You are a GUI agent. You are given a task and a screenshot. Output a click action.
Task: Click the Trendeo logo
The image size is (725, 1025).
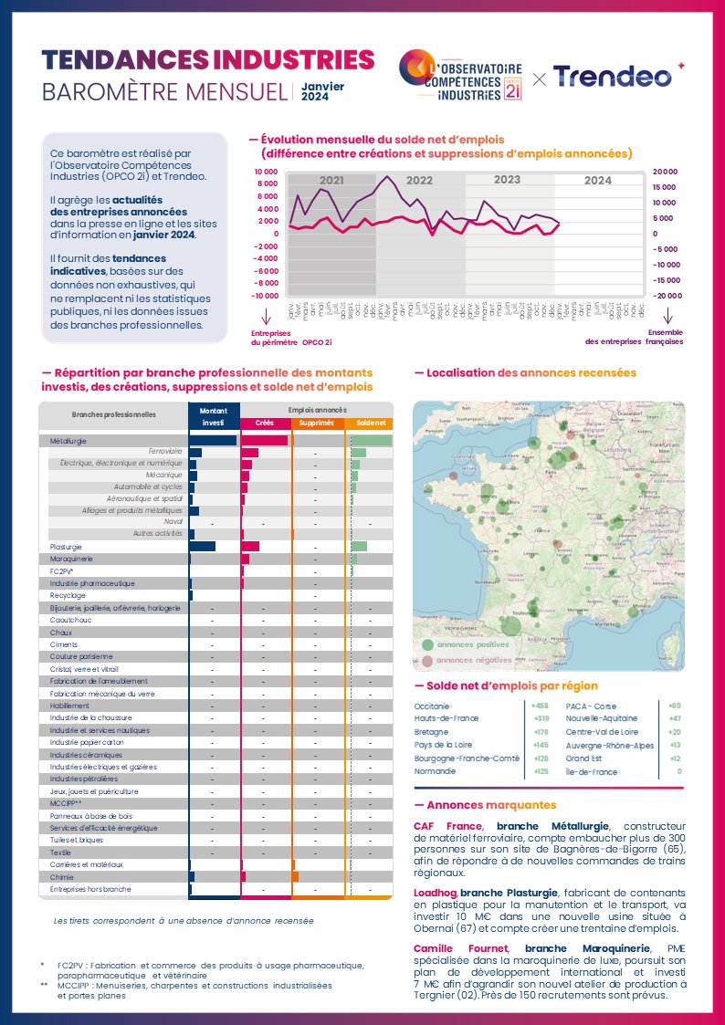pyautogui.click(x=613, y=78)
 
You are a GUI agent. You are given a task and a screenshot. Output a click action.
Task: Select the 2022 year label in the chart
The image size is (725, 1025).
pyautogui.click(x=419, y=181)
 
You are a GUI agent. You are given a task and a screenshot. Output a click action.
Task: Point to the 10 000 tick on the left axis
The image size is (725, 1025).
pyautogui.click(x=266, y=172)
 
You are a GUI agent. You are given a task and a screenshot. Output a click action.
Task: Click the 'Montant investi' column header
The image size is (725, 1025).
pyautogui.click(x=213, y=417)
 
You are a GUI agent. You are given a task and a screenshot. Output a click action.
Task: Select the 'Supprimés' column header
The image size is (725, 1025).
pyautogui.click(x=317, y=424)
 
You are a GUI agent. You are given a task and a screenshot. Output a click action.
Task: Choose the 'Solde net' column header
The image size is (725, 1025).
pyautogui.click(x=370, y=424)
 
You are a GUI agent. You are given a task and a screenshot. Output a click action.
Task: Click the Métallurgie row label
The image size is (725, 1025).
pyautogui.click(x=68, y=441)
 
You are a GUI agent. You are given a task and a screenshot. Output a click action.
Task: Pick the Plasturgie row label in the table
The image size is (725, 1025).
pyautogui.click(x=66, y=546)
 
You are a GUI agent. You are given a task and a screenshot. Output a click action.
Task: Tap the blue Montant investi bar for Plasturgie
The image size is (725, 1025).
pyautogui.click(x=203, y=546)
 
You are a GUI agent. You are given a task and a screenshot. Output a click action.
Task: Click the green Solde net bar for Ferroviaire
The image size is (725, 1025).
pyautogui.click(x=359, y=453)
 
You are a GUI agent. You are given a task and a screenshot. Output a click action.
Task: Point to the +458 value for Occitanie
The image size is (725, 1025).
pyautogui.click(x=540, y=706)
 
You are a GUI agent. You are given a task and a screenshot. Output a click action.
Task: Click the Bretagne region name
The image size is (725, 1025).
pyautogui.click(x=430, y=732)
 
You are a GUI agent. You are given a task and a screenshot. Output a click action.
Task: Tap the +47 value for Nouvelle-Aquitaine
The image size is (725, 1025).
pyautogui.click(x=674, y=718)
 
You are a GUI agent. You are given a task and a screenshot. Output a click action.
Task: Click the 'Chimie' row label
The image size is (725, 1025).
pyautogui.click(x=62, y=876)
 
